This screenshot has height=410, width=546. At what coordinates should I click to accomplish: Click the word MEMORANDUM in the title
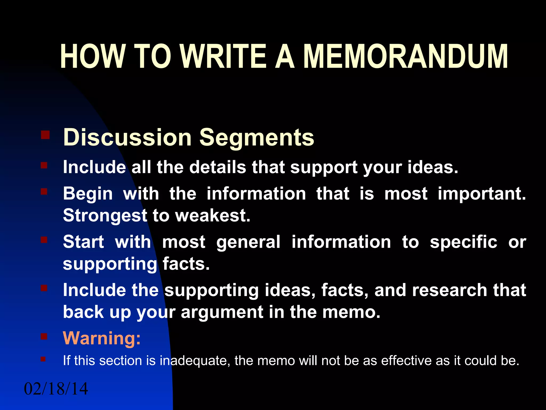405,57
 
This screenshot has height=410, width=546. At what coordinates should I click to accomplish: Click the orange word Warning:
102,338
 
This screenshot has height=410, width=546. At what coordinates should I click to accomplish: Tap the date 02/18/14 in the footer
56,389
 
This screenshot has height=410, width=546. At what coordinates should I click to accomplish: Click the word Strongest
105,216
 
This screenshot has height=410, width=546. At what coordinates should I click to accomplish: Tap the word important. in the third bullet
482,194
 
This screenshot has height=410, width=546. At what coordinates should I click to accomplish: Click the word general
248,242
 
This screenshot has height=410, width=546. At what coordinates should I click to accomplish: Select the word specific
463,242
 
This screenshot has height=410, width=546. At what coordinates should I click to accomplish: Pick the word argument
222,312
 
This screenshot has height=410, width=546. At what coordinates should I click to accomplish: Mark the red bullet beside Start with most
44,240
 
